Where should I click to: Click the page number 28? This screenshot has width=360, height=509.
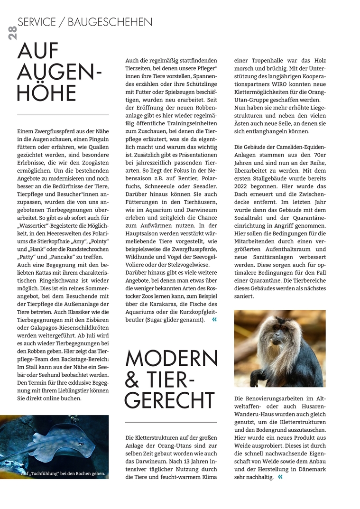12,32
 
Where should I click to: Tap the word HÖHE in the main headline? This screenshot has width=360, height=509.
46,93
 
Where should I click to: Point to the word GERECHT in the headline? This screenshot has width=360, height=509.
170,400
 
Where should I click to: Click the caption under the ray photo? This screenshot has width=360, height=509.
63,473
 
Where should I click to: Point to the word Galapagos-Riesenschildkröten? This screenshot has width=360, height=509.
61,327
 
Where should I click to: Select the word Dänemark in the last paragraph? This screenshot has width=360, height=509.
312,469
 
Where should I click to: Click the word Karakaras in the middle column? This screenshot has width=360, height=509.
164,304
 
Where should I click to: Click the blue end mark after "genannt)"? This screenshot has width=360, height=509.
214,320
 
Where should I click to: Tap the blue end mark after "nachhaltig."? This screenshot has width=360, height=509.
280,477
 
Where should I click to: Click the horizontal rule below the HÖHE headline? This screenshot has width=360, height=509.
63,115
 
